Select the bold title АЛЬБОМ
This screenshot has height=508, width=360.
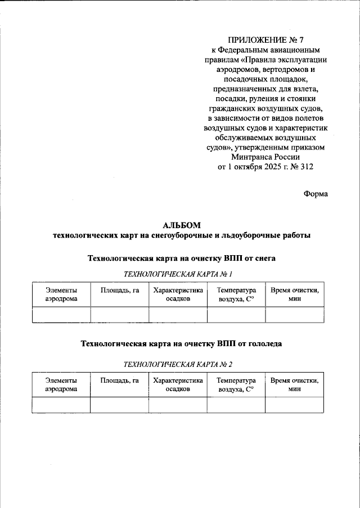tap(180, 225)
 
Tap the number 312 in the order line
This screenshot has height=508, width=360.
tap(305, 167)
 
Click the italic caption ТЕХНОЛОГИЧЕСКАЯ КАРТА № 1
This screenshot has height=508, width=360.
tap(178, 274)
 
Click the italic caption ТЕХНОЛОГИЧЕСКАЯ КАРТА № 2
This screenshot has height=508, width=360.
tap(178, 364)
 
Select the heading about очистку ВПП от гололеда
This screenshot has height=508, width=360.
tap(181, 342)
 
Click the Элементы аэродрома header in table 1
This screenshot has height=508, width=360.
tap(61, 294)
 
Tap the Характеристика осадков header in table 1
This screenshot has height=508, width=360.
tap(178, 294)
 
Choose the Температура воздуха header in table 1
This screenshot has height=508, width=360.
tap(236, 294)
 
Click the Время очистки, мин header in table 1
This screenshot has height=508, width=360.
tap(294, 294)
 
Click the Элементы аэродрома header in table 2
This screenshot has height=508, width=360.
tap(61, 384)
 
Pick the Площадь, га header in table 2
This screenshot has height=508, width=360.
tap(119, 380)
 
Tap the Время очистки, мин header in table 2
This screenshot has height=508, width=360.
tap(294, 384)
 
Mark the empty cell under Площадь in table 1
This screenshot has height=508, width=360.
tap(119, 315)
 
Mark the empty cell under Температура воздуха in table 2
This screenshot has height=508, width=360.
tap(236, 405)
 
